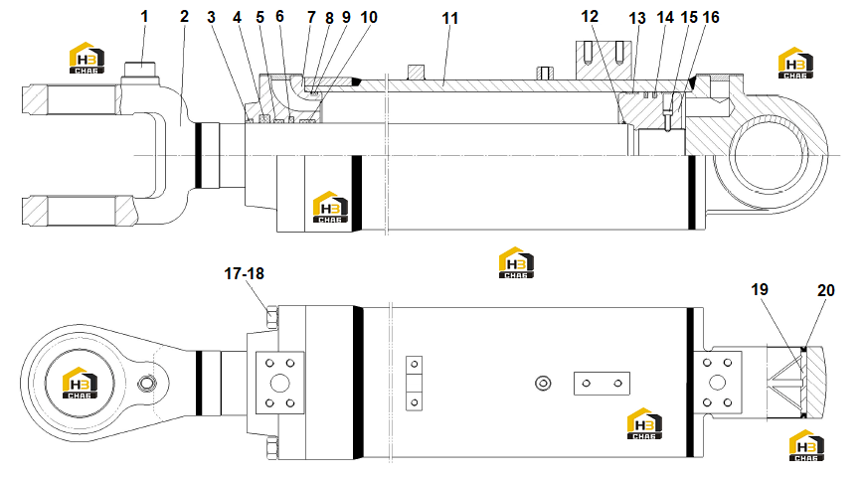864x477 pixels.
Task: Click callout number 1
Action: click(x=144, y=17)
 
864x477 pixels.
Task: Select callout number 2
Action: click(x=184, y=17)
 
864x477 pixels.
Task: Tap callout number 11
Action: click(x=450, y=18)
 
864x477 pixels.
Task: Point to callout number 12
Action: click(x=590, y=17)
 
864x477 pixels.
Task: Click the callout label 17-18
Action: click(x=245, y=273)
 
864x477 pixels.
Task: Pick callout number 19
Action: click(x=760, y=289)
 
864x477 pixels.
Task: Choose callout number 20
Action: click(x=825, y=290)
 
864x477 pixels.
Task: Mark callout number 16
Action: click(x=711, y=17)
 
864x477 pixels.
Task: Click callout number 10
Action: click(x=369, y=17)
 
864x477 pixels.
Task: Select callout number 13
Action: click(x=637, y=18)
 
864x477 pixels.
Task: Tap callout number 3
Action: click(x=211, y=17)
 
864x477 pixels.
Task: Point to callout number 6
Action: click(x=279, y=17)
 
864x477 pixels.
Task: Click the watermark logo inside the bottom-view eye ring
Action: click(x=80, y=383)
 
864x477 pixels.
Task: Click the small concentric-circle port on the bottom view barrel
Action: click(x=543, y=383)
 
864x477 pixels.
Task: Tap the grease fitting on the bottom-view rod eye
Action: click(x=146, y=383)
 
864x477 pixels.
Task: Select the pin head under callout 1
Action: click(x=139, y=70)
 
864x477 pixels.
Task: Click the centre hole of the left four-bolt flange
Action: click(x=280, y=383)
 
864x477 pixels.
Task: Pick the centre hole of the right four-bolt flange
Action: click(x=718, y=383)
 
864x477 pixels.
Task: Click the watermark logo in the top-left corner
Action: click(x=87, y=58)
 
